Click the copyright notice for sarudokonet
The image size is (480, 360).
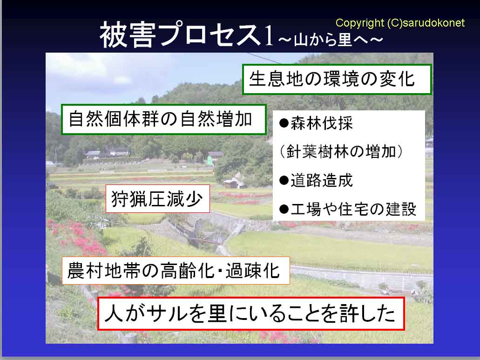pos(400,23)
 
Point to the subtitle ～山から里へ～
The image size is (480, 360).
pos(331,40)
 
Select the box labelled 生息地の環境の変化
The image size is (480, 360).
pos(337,79)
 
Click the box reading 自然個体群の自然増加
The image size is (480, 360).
pos(164,119)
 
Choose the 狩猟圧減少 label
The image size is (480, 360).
pos(158,199)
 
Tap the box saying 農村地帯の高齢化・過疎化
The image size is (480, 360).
pos(176,271)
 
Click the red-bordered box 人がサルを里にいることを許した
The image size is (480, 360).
pos(251,313)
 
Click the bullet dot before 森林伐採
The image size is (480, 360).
pos(284,123)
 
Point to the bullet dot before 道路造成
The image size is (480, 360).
pos(284,180)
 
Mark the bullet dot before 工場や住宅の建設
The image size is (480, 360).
pos(284,209)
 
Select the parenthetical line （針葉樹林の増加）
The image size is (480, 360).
pos(341,151)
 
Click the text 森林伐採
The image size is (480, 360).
pos(322,123)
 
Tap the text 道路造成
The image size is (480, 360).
pos(322,180)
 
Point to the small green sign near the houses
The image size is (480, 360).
pos(210,160)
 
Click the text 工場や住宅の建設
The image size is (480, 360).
pos(353,209)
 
